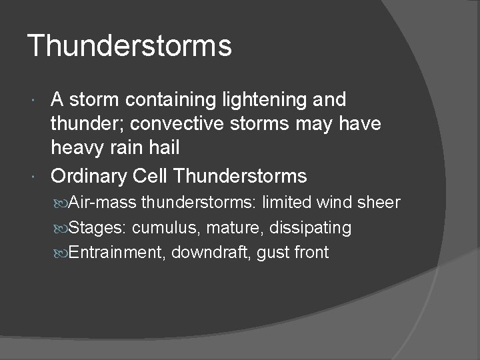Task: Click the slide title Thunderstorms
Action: [130, 46]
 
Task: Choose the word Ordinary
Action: [89, 176]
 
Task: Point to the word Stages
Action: [98, 228]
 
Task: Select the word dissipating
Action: [311, 228]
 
